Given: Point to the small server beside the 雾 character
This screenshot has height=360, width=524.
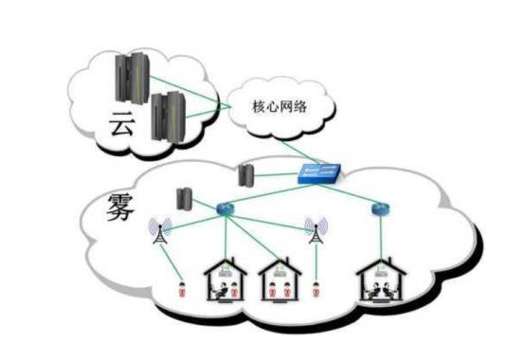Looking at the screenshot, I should (x=184, y=198).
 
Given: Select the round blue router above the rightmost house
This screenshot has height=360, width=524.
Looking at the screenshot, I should (x=380, y=207).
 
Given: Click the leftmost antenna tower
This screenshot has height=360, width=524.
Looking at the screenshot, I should (x=155, y=231).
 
